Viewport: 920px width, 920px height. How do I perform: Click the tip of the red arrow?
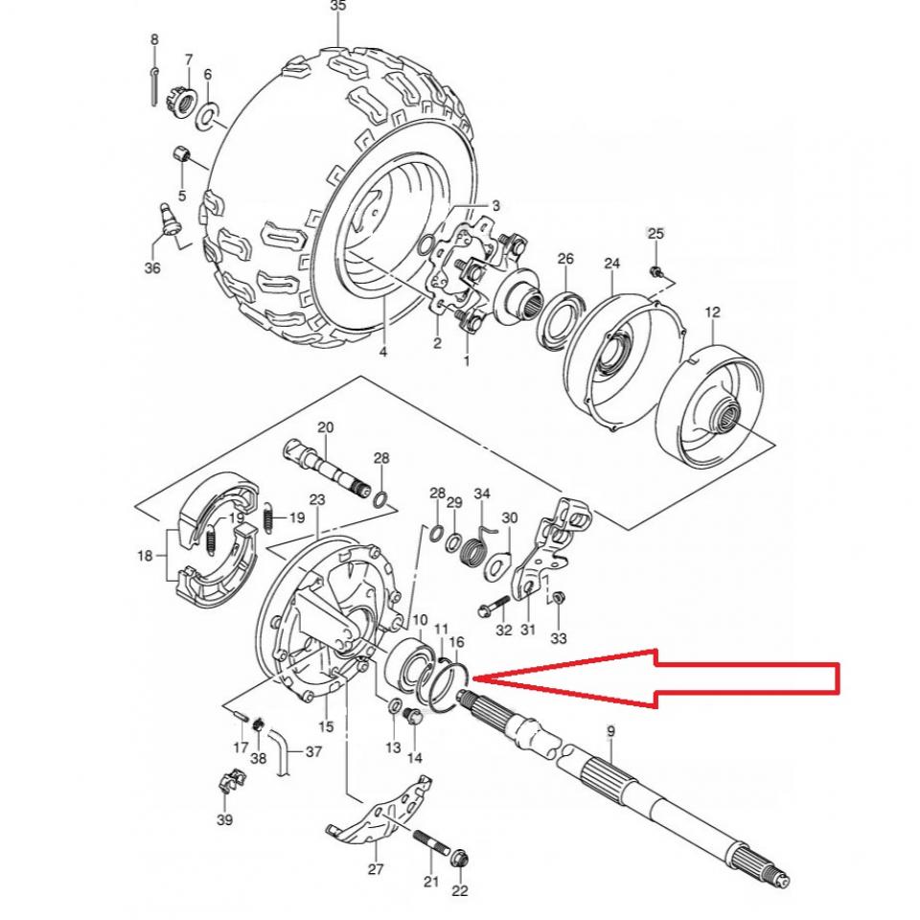pos(474,678)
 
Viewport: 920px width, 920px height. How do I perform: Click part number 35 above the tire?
pos(337,7)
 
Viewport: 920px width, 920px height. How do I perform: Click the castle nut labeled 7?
pos(181,99)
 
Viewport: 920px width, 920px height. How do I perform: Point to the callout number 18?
pos(145,556)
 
